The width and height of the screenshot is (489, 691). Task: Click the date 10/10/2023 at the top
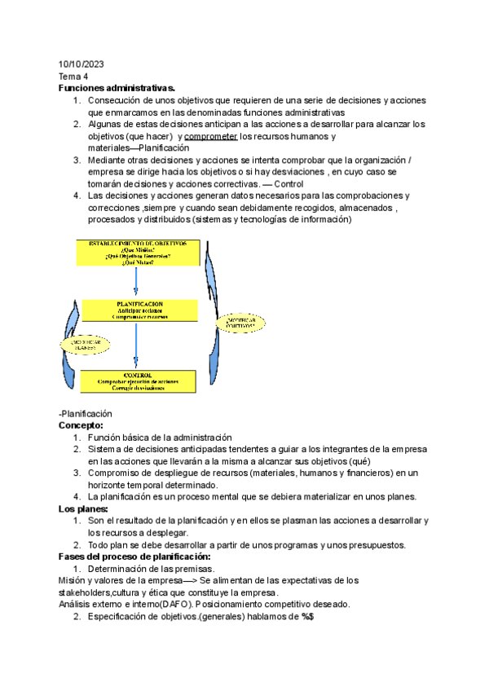pos(81,64)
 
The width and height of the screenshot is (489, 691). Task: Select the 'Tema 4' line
pos(73,77)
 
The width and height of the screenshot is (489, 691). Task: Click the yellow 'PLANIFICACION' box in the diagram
pos(139,310)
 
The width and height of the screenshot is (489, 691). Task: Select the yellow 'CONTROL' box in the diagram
pos(138,381)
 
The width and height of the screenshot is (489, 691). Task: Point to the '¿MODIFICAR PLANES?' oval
pos(84,344)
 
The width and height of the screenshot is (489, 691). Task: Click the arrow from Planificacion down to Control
pos(136,345)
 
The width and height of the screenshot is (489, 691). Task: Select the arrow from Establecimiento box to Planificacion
pos(136,282)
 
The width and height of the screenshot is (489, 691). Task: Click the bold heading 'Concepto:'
pos(81,425)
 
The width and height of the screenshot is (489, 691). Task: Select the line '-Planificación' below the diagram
pos(86,414)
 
